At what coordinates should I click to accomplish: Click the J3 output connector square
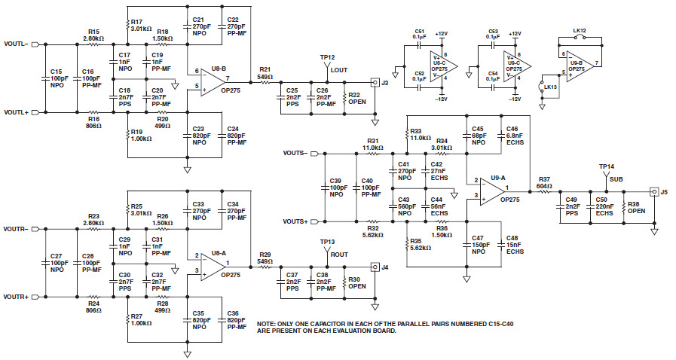[374, 83]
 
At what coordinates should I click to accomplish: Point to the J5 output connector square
[654, 192]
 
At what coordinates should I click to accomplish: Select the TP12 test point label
[326, 57]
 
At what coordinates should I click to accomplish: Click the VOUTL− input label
[16, 44]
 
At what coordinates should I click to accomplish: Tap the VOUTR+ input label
[16, 297]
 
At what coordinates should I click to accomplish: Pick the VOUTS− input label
[295, 153]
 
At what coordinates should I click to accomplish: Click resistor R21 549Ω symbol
[265, 83]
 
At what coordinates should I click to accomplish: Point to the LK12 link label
[580, 31]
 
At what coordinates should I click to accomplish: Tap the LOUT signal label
[339, 69]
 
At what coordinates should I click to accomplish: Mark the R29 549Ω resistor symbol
[265, 267]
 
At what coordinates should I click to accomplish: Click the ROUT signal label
[340, 254]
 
